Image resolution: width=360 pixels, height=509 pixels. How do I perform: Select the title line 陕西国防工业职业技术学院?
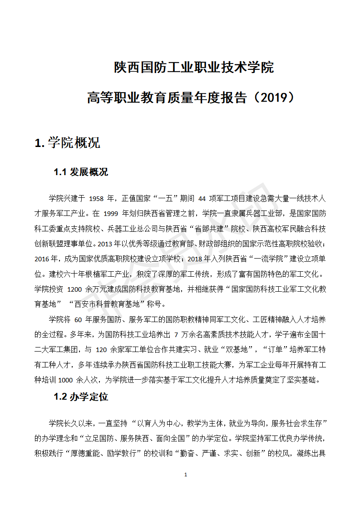tap(194, 68)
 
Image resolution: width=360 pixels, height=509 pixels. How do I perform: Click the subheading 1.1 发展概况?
tap(81, 172)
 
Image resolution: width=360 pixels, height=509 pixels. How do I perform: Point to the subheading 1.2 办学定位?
tap(81, 396)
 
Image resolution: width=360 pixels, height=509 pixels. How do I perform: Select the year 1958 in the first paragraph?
tap(97, 198)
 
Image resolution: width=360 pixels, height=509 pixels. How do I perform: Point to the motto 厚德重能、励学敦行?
tap(107, 453)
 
